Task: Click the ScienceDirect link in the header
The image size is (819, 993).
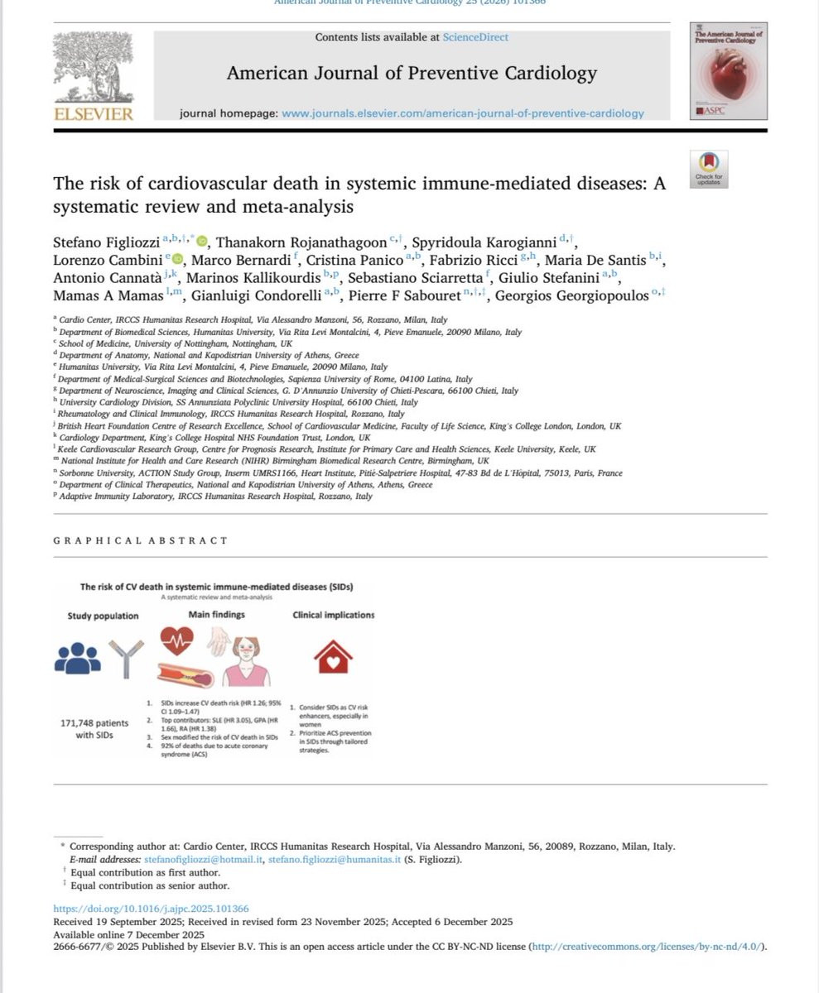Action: click(475, 37)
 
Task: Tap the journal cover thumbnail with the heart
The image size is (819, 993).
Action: click(728, 70)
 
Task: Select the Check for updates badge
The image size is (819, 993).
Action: click(709, 169)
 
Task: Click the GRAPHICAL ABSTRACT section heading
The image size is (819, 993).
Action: click(140, 540)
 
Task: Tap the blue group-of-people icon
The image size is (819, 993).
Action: click(77, 658)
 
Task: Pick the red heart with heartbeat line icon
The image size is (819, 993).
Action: click(176, 640)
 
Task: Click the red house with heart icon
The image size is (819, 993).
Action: click(333, 657)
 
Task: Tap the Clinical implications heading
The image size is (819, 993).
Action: click(333, 615)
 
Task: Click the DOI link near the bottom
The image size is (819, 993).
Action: click(151, 908)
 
